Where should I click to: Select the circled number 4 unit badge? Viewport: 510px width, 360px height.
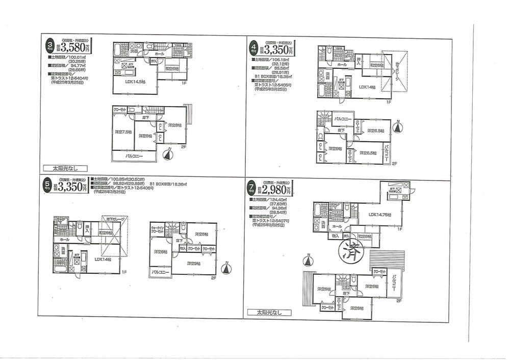(x=252, y=48)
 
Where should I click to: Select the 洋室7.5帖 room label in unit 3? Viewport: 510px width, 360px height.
(x=123, y=132)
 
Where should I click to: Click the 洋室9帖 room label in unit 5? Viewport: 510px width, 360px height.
(x=193, y=263)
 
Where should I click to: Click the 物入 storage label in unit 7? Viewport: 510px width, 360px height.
(x=335, y=236)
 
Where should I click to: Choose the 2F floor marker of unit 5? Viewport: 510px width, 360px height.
(x=214, y=278)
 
